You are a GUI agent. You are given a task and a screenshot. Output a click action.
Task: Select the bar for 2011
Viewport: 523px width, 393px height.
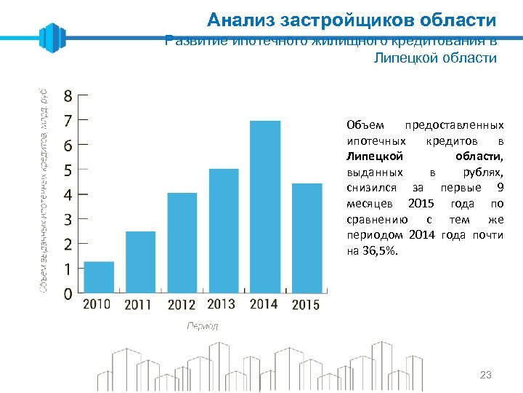(x=140, y=262)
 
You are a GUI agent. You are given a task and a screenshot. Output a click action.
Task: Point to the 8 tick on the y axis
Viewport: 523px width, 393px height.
(x=68, y=95)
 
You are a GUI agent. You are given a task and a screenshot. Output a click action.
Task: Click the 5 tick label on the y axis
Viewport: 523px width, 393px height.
(x=68, y=170)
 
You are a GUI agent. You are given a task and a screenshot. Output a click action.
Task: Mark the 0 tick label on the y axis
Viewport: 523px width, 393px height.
(x=68, y=294)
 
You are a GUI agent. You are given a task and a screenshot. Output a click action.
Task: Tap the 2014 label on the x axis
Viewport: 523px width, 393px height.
(x=264, y=304)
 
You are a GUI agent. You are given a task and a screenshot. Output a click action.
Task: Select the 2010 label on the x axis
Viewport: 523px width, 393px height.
(x=97, y=304)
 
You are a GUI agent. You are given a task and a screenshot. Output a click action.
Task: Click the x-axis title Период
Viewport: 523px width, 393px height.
(x=203, y=326)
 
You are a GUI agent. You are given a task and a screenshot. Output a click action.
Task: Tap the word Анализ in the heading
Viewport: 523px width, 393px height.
(x=233, y=20)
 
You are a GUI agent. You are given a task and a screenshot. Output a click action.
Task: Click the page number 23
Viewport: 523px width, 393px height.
(x=486, y=375)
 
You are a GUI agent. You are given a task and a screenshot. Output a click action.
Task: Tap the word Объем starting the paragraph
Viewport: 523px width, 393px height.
(x=362, y=125)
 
